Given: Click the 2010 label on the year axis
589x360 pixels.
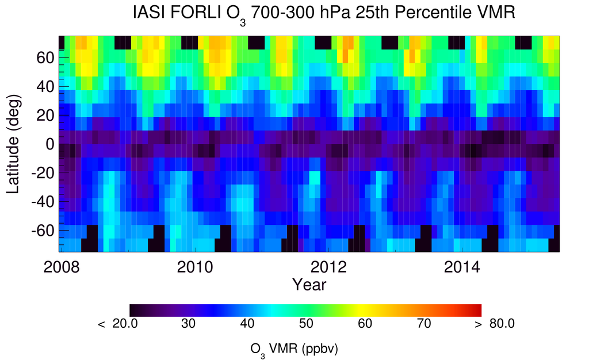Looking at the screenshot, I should pos(194,268).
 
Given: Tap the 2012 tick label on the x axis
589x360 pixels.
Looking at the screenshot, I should pos(327,268).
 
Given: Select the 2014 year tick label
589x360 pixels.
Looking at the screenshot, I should pos(461,268).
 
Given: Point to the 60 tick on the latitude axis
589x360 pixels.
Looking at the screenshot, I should pos(46,58).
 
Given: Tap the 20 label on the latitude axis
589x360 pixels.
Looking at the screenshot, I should pos(46,116).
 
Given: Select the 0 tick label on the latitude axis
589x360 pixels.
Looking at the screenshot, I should pos(51,144).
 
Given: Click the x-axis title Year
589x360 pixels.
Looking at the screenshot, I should pos(309,284).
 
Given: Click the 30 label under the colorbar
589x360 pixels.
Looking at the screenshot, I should pos(189,324).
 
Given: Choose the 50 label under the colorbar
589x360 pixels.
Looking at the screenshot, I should pos(305,324).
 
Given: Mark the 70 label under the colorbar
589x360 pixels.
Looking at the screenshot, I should pos(423,324).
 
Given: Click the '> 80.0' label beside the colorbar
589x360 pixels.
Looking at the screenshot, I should pos(495,324).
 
